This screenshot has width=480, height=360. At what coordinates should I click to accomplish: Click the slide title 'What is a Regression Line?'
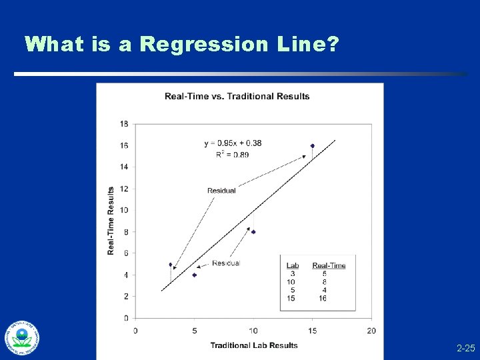pyautogui.click(x=182, y=45)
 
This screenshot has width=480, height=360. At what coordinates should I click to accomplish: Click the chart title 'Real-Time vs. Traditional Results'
pyautogui.click(x=237, y=96)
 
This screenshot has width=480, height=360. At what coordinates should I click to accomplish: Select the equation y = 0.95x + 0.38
pyautogui.click(x=233, y=143)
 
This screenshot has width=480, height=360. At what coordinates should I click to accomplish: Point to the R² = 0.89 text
pyautogui.click(x=233, y=154)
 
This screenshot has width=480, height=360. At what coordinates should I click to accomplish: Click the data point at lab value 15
pyautogui.click(x=312, y=145)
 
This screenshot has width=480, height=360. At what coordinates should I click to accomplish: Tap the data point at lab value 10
pyautogui.click(x=253, y=232)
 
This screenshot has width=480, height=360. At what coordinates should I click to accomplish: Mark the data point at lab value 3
pyautogui.click(x=171, y=265)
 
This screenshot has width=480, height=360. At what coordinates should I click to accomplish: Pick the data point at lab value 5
pyautogui.click(x=194, y=275)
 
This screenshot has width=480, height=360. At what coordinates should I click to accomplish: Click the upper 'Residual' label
pyautogui.click(x=221, y=191)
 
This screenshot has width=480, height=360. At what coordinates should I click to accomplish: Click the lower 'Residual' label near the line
pyautogui.click(x=225, y=263)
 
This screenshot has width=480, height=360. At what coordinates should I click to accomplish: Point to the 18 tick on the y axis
pyautogui.click(x=125, y=124)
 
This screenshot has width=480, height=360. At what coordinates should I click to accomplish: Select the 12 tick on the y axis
pyautogui.click(x=125, y=189)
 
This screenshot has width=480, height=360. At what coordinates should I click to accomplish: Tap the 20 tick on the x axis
pyautogui.click(x=371, y=331)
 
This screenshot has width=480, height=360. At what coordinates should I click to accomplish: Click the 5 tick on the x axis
pyautogui.click(x=194, y=331)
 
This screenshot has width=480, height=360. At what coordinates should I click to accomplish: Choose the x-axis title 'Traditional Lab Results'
pyautogui.click(x=254, y=345)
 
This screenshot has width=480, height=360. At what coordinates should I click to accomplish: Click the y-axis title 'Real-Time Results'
pyautogui.click(x=111, y=221)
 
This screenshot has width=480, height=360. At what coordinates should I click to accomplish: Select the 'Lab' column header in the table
pyautogui.click(x=292, y=265)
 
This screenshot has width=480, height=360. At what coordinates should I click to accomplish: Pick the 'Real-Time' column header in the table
pyautogui.click(x=329, y=265)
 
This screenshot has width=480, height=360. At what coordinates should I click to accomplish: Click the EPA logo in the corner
pyautogui.click(x=22, y=337)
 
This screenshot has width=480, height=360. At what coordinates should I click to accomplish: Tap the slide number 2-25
pyautogui.click(x=465, y=349)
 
